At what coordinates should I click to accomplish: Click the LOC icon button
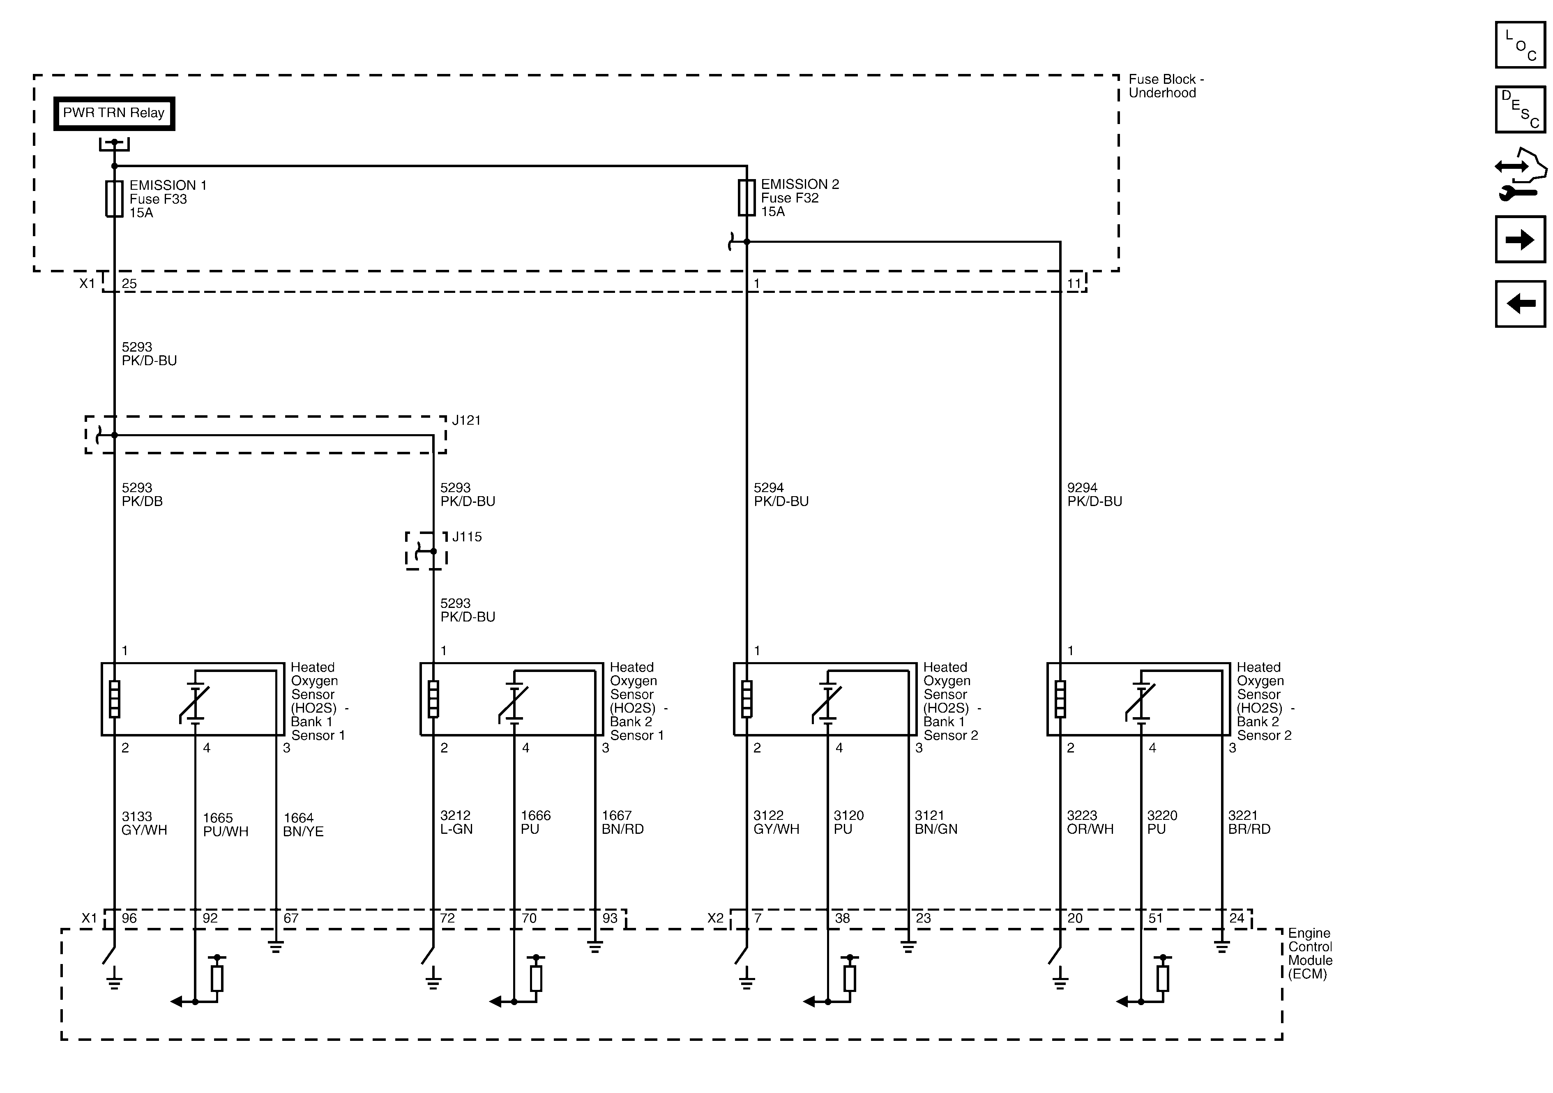1520,45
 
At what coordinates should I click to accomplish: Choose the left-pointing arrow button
1520,304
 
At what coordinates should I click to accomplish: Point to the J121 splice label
466,420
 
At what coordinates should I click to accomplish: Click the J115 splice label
467,537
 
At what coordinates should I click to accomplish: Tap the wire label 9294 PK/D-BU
1094,495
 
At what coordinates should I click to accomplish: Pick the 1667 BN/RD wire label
622,822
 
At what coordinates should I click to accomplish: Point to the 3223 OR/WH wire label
1089,822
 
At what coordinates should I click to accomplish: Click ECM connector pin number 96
129,918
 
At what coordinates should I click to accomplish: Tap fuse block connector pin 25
129,284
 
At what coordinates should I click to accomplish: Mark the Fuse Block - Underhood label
1166,86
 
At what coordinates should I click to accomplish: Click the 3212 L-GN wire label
456,822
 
